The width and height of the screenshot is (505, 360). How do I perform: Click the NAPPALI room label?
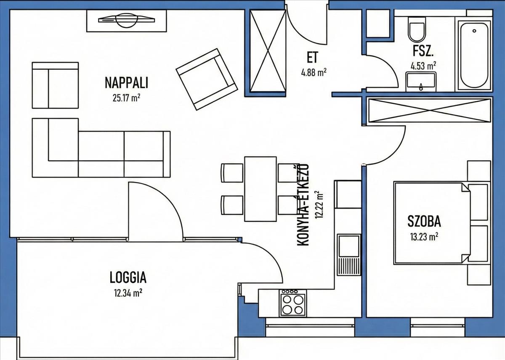pyautogui.click(x=127, y=82)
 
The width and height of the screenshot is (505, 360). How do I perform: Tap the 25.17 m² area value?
pyautogui.click(x=127, y=98)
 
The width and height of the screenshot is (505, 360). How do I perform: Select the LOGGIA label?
pyautogui.click(x=128, y=277)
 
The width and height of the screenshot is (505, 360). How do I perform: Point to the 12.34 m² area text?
pyautogui.click(x=128, y=293)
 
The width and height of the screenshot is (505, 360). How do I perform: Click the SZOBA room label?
pyautogui.click(x=424, y=221)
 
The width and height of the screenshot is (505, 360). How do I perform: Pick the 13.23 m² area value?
pyautogui.click(x=424, y=237)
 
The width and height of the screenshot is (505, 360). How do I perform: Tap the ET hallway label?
pyautogui.click(x=312, y=57)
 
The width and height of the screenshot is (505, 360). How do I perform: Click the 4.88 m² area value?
pyautogui.click(x=314, y=72)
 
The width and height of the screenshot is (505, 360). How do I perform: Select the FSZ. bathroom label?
pyautogui.click(x=423, y=51)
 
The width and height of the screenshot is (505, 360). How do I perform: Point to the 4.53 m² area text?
pyautogui.click(x=423, y=66)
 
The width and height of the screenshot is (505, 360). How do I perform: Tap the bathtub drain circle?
pyautogui.click(x=474, y=31)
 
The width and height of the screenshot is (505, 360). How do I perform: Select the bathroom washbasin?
pyautogui.click(x=421, y=82)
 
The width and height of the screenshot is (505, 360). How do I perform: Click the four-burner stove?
pyautogui.click(x=293, y=303)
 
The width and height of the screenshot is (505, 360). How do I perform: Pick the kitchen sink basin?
pyautogui.click(x=349, y=246)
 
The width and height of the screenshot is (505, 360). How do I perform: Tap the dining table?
pyautogui.click(x=260, y=189)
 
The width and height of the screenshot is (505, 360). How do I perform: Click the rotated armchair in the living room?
pyautogui.click(x=207, y=79)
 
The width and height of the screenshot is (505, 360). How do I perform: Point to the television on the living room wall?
pyautogui.click(x=127, y=20)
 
